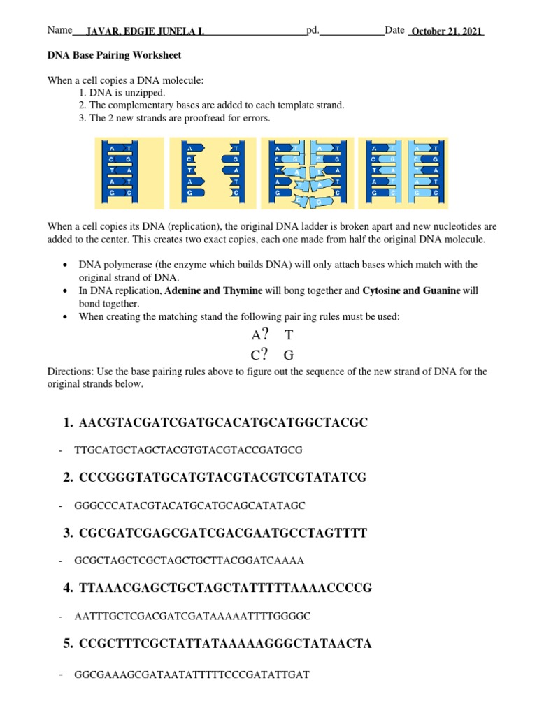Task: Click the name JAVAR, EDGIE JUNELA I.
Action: (145, 32)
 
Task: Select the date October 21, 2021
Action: (446, 32)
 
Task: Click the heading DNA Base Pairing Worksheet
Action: (114, 55)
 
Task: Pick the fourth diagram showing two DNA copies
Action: (403, 172)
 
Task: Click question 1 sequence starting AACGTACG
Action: (223, 423)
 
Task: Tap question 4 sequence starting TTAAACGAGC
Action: (225, 589)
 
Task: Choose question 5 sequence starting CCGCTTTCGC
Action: (225, 644)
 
